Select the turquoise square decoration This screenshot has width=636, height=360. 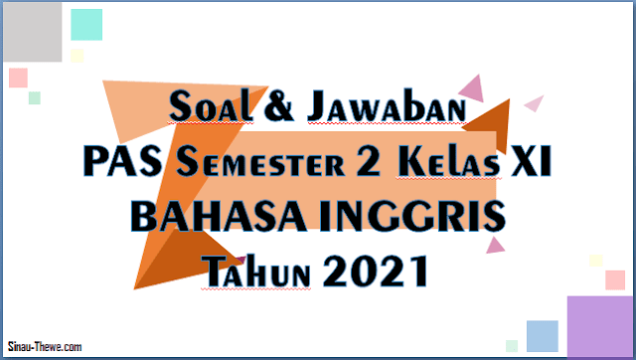[86, 24]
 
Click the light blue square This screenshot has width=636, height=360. [542, 336]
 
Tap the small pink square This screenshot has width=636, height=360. [18, 77]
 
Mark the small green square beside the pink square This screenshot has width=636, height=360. [35, 97]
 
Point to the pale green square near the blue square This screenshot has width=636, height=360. [512, 345]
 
